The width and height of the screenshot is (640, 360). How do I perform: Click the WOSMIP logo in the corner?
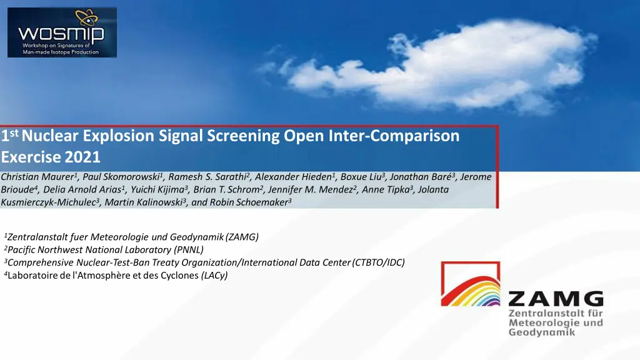click(62, 32)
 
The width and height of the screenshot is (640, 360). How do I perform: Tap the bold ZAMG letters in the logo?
click(555, 299)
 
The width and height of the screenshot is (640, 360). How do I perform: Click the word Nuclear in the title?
click(50, 136)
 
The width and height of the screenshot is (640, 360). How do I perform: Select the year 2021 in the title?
click(82, 156)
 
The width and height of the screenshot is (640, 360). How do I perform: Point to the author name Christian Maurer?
click(38, 177)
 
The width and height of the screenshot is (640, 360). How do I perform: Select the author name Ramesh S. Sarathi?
click(207, 177)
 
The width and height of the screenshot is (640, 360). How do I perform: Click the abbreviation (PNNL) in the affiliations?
click(189, 249)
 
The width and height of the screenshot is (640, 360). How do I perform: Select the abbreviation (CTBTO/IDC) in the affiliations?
click(379, 262)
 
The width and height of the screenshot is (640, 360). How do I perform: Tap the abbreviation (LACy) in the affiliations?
click(214, 276)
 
